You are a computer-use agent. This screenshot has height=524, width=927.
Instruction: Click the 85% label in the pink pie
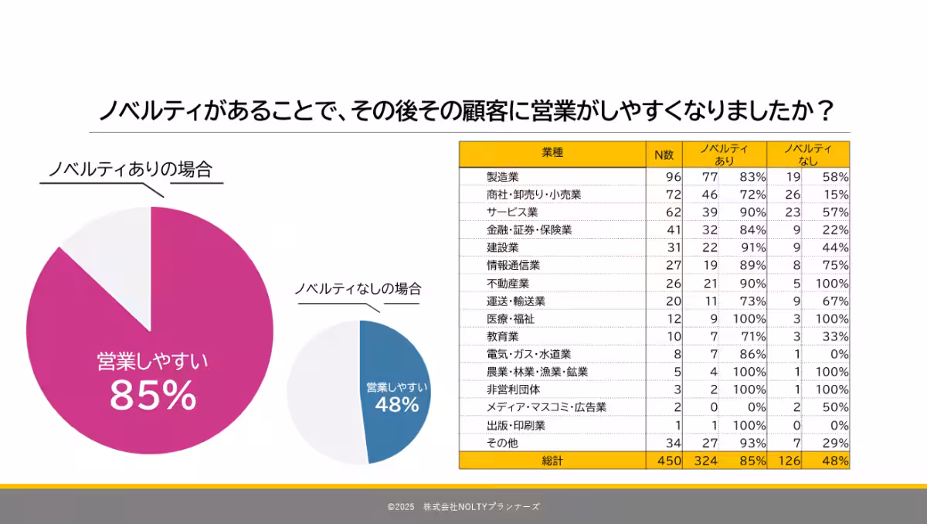(153, 396)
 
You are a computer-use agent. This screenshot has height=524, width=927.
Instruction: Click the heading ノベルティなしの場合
(358, 289)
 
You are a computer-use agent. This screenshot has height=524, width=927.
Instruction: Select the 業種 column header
(552, 153)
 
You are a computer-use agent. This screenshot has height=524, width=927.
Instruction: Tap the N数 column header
(664, 154)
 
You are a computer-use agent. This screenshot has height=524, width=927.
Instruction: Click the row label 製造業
(503, 176)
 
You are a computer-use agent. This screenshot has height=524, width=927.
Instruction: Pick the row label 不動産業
(508, 283)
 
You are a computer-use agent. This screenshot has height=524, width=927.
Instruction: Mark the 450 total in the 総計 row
(668, 461)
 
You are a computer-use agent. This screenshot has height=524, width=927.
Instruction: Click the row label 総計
(552, 461)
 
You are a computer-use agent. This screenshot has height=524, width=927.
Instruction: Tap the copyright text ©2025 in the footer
(401, 507)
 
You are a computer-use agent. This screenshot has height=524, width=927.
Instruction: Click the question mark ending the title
(825, 112)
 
